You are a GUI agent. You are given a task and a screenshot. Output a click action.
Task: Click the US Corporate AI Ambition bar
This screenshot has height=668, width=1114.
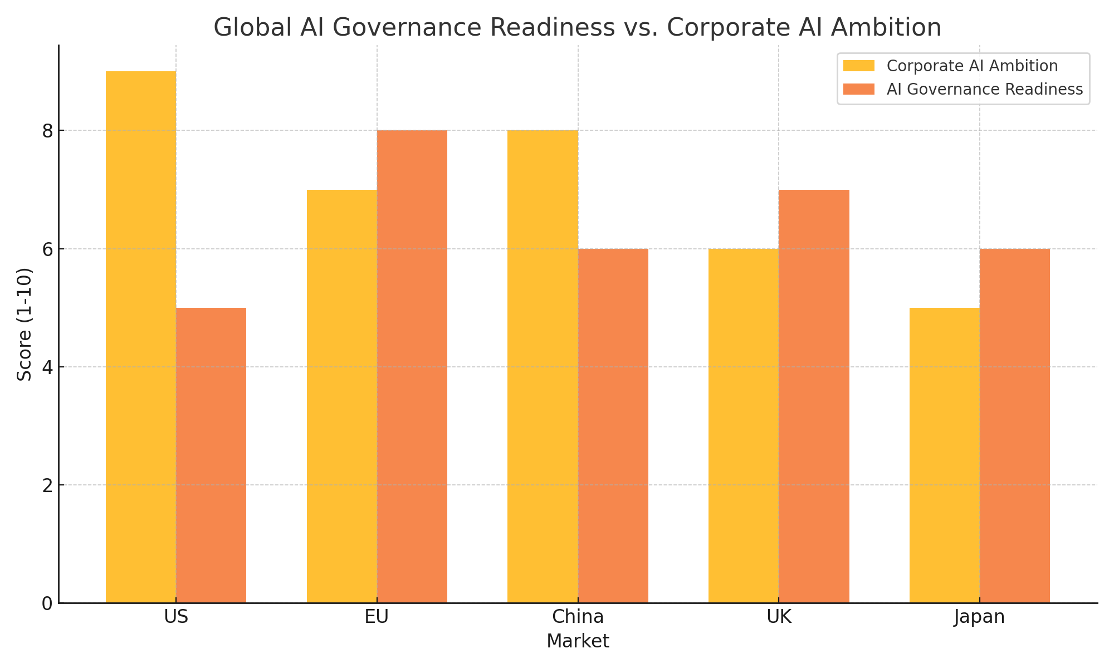[141, 337]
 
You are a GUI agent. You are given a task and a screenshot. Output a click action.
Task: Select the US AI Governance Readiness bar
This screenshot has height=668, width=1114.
[211, 455]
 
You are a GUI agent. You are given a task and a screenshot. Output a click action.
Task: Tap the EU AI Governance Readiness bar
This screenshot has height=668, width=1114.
[412, 366]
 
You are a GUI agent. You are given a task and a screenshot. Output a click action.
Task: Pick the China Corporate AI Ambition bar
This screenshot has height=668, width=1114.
[543, 366]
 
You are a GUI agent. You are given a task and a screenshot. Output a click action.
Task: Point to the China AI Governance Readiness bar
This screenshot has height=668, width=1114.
[613, 426]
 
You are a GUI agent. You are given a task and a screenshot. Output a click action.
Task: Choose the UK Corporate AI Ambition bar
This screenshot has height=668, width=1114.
[744, 426]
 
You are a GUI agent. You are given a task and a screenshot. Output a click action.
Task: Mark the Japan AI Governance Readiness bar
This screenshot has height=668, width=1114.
[1015, 426]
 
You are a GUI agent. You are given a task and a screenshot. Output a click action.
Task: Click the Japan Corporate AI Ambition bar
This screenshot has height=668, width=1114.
[945, 455]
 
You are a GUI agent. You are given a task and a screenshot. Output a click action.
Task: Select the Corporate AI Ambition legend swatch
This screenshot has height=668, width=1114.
[859, 66]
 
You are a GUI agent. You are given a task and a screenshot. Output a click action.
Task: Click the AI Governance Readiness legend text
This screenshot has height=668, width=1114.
[984, 90]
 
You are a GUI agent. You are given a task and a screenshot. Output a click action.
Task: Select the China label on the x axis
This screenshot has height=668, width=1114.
[578, 617]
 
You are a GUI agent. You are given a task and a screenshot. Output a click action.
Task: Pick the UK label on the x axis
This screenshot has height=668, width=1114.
[779, 617]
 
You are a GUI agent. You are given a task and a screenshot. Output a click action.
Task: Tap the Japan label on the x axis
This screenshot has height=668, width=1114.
[979, 617]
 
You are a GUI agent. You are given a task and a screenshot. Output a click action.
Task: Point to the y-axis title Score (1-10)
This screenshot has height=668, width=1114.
[25, 324]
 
